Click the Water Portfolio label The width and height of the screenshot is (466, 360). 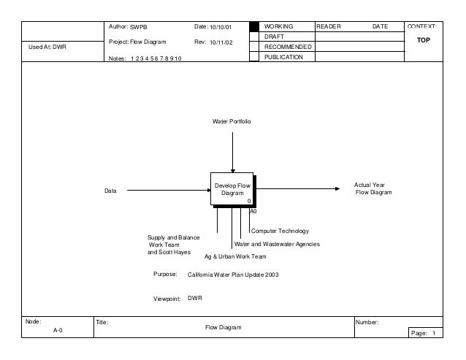coord(232,119)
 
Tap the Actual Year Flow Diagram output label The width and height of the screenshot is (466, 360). coord(373,189)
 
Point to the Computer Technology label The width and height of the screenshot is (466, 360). coord(280,231)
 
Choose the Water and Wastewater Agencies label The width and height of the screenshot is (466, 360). coord(276,244)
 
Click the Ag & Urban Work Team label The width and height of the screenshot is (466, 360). coord(235,257)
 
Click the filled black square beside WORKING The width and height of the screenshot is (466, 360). coord(254,26)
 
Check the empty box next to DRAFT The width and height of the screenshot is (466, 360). coord(254,37)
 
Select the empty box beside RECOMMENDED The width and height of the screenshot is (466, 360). coord(254,47)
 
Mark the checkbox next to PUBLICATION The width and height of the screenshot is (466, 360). coord(254,57)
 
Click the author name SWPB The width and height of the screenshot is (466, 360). coord(139,27)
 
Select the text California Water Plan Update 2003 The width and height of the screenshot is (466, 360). coord(233,275)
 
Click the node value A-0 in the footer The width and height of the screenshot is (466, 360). coord(58,331)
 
